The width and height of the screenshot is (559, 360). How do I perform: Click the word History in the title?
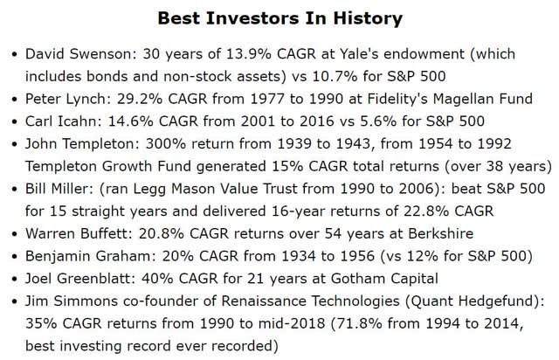pyautogui.click(x=368, y=18)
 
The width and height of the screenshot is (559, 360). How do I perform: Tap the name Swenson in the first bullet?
pyautogui.click(x=101, y=54)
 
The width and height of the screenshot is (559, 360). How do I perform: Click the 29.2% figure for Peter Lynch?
pyautogui.click(x=140, y=99)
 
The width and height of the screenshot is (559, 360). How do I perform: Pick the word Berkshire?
pyautogui.click(x=440, y=233)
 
